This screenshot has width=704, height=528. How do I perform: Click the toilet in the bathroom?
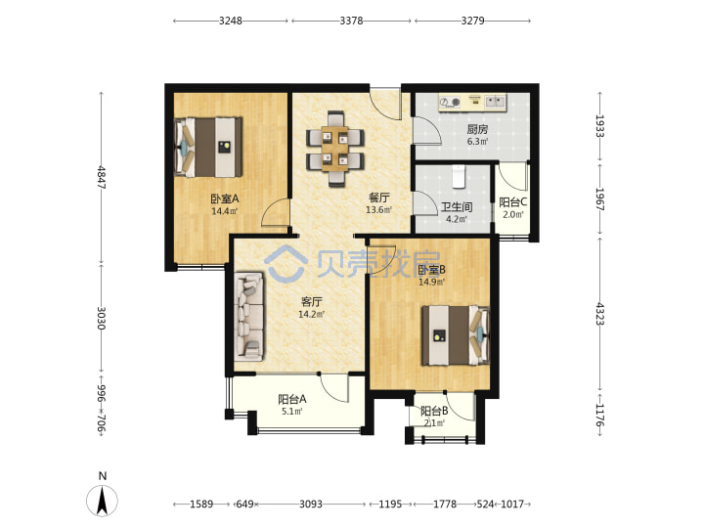pos(458,176)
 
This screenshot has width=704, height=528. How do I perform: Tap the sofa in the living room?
pos(248,316)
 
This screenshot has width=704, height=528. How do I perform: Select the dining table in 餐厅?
pos(335,149)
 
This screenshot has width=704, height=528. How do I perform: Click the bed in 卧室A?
pos(209,148)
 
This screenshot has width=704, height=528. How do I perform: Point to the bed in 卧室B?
pos(456,335)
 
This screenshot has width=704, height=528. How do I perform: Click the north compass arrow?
pos(103,501)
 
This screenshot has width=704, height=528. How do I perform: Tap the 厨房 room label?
pos(477,130)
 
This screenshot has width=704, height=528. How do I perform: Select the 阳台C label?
pos(512,202)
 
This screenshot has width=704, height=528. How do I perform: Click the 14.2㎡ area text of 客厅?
pos(311,314)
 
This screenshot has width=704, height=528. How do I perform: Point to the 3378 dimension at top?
pos(351,21)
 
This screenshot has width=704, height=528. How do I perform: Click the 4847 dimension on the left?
pos(102,177)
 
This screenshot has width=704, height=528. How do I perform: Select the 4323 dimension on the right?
pos(599,314)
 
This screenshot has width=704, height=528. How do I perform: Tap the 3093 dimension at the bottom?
pos(311,505)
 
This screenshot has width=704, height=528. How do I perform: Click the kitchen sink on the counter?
pos(495,102)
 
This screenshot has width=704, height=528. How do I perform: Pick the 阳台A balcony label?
pos(291,399)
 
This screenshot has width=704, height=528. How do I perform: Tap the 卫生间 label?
pos(457,207)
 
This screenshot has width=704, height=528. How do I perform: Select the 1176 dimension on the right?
pos(599,415)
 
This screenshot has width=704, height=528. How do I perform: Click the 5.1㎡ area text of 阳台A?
pos(291,411)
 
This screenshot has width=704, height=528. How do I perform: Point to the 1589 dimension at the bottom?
pos(201,505)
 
